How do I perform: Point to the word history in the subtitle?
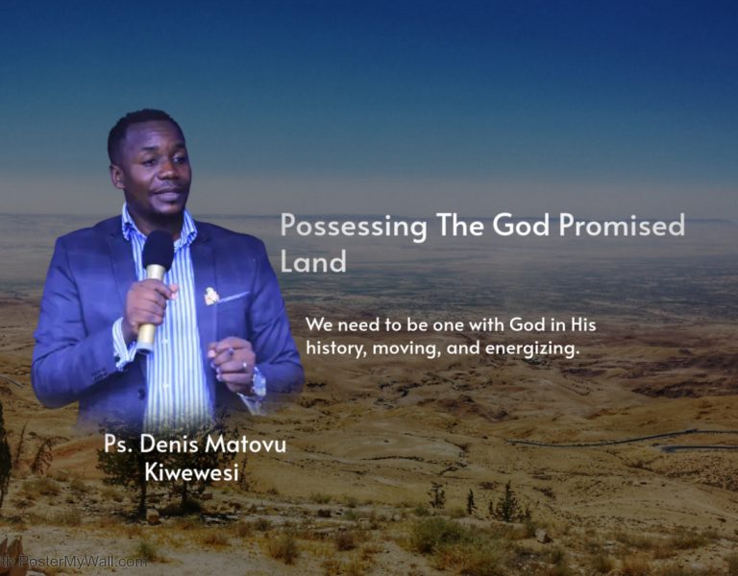coord(332,348)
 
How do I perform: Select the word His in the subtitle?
coord(582,325)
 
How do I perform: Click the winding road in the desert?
coord(615,440)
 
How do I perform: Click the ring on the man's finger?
coord(244,367)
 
